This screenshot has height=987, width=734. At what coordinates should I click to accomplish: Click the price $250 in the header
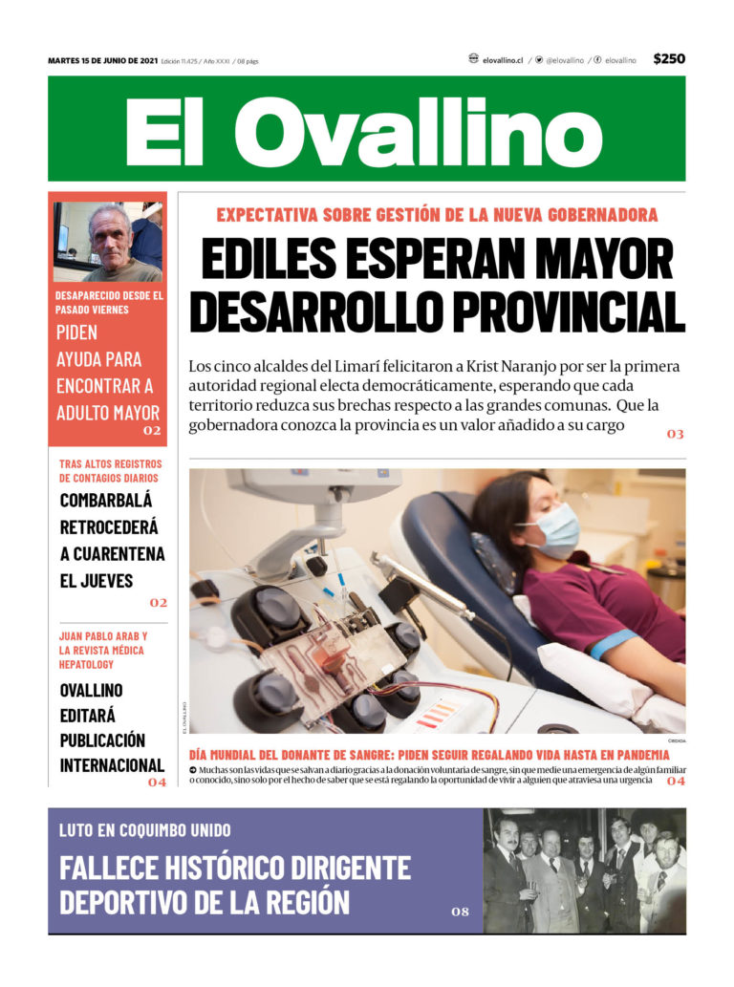pyautogui.click(x=669, y=59)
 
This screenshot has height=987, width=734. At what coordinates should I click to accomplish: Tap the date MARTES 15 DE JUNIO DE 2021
pyautogui.click(x=102, y=60)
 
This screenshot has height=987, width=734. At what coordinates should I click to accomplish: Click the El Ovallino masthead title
pyautogui.click(x=366, y=132)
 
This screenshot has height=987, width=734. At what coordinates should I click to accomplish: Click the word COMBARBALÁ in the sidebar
pyautogui.click(x=106, y=500)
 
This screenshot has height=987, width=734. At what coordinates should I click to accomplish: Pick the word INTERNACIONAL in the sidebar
pyautogui.click(x=113, y=765)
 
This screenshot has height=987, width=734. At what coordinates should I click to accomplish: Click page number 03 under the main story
pyautogui.click(x=675, y=435)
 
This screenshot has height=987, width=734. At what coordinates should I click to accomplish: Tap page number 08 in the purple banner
pyautogui.click(x=460, y=912)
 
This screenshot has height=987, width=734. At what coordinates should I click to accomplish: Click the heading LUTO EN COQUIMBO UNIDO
pyautogui.click(x=145, y=830)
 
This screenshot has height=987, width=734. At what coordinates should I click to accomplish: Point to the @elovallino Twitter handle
pyautogui.click(x=564, y=60)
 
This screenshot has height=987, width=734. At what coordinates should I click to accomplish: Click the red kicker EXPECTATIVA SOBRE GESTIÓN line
pyautogui.click(x=437, y=215)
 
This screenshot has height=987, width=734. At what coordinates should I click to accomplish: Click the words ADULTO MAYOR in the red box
pyautogui.click(x=108, y=414)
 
